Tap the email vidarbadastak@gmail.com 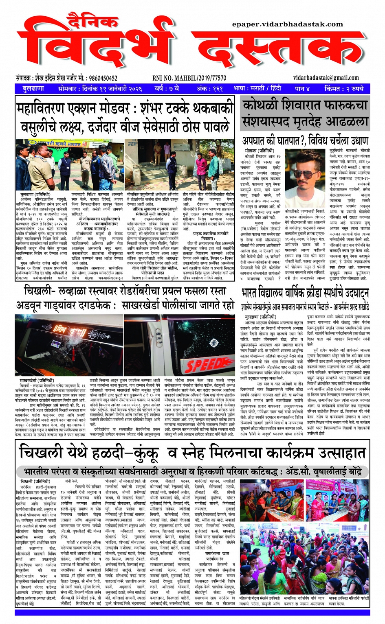click(x=326, y=78)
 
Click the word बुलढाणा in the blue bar click(x=33, y=88)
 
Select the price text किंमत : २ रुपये click(x=343, y=88)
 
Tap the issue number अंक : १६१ click(x=210, y=88)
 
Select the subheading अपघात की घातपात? click(x=273, y=141)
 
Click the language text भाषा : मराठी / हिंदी click(x=257, y=88)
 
